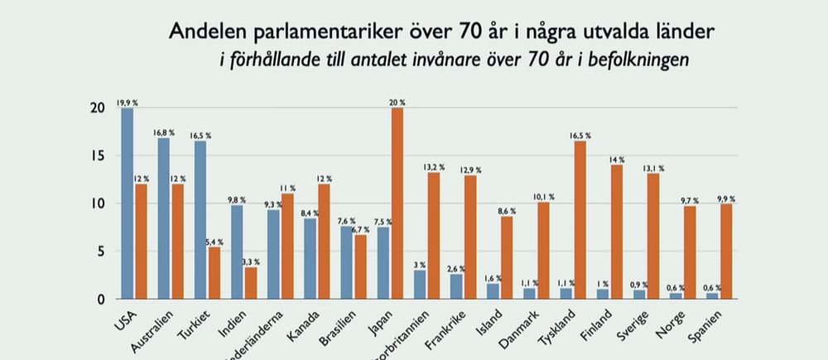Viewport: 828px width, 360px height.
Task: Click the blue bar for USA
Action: point(127,204)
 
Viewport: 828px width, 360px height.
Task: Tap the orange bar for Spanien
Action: point(726,252)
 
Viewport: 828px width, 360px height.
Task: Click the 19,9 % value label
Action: point(127,103)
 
